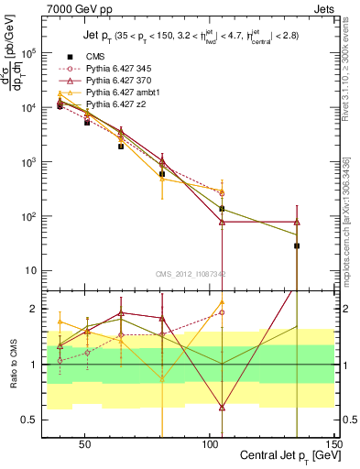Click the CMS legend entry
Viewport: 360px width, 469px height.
(94, 55)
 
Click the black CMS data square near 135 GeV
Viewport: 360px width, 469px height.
(297, 245)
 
